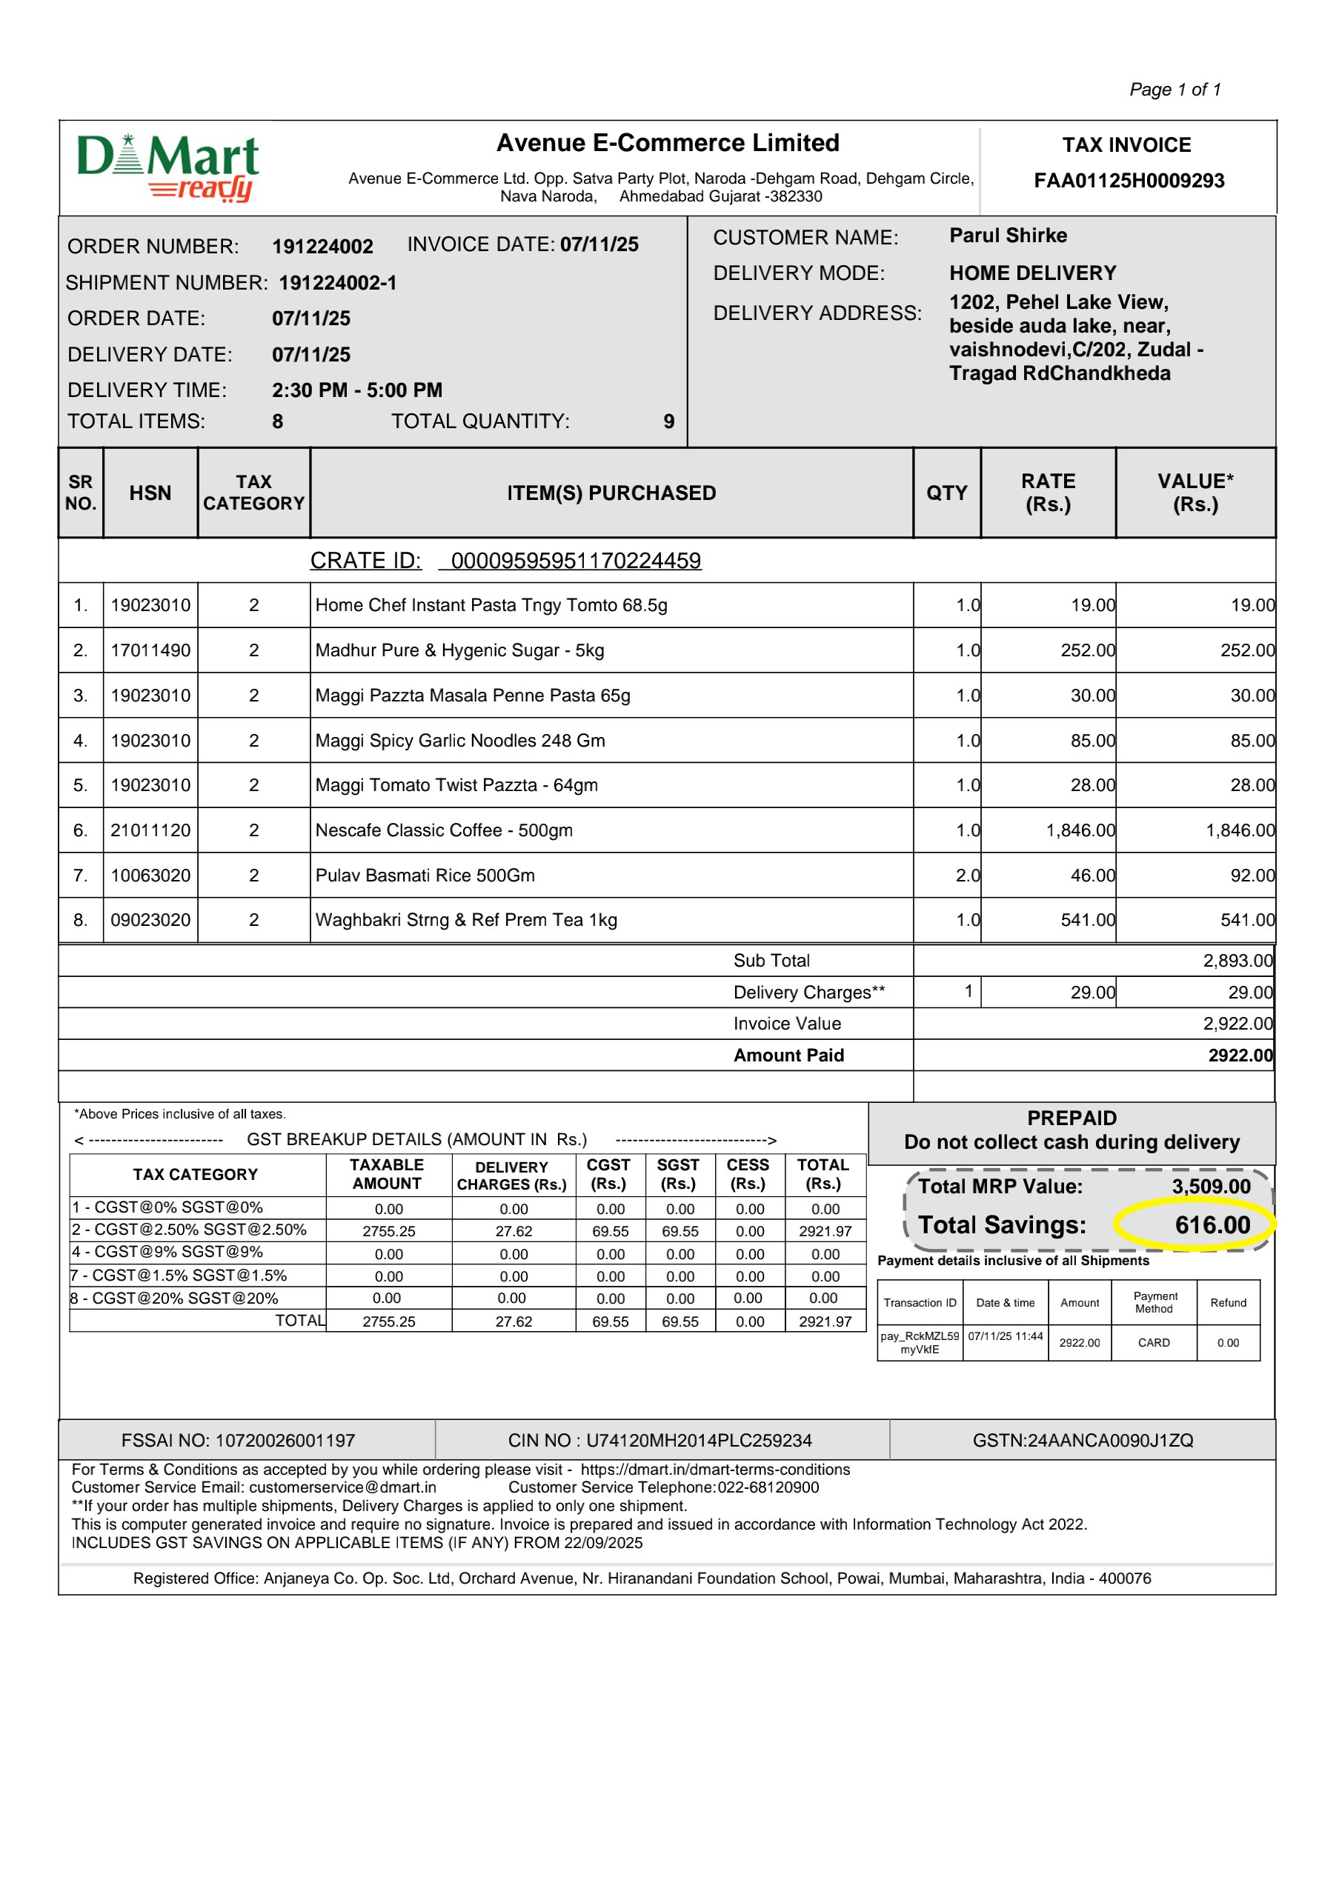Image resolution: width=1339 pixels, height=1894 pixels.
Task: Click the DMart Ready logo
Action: coord(168,167)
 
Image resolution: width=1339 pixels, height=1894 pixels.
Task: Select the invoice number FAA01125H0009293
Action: coord(1129,181)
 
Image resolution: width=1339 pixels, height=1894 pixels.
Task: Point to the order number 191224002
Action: coord(322,247)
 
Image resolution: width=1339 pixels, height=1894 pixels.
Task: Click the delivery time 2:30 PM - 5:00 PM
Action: coord(357,390)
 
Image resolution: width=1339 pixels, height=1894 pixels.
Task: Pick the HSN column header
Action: coord(150,493)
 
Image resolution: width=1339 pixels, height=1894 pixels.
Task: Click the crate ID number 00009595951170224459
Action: coord(576,561)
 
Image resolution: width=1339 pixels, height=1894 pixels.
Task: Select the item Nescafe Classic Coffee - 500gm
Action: coord(444,830)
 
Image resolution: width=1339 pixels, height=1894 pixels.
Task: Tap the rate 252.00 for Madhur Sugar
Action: coord(1087,651)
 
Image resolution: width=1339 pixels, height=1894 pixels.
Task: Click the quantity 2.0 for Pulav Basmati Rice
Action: coord(967,876)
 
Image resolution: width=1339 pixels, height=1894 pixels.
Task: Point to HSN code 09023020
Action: coord(150,921)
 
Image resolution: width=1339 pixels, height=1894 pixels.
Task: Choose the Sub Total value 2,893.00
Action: coord(1237,961)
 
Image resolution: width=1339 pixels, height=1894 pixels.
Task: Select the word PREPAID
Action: coord(1071,1118)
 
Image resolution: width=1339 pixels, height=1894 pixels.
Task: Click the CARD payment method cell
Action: coord(1153,1343)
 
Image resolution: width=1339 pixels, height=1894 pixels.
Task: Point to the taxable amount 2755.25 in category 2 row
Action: coord(388,1232)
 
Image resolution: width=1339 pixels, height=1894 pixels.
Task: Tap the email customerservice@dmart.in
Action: coord(342,1487)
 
